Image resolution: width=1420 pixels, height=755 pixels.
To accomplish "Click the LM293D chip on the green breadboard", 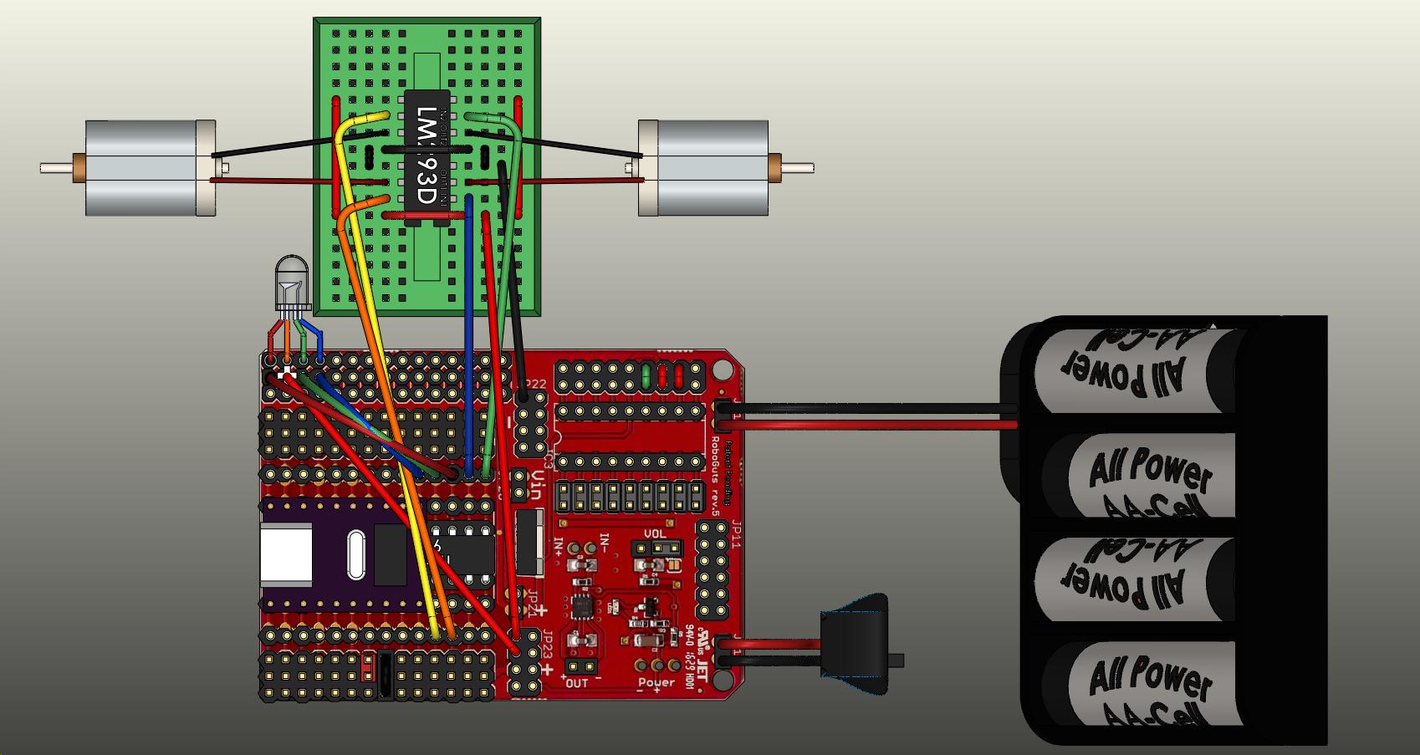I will coord(426,157).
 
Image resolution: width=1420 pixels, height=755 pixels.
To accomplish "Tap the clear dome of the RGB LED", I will coord(291,276).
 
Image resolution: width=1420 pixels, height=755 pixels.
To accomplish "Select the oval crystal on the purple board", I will coord(355,553).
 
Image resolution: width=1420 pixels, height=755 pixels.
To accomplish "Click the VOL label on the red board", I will coord(655,533).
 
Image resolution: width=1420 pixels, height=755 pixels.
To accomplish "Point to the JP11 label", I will coord(736,533).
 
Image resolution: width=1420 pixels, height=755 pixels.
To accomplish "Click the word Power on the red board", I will coord(656,682).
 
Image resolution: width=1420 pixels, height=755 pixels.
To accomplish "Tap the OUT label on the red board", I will coord(577,682).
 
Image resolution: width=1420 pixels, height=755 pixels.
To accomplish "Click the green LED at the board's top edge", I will coord(646,373).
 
